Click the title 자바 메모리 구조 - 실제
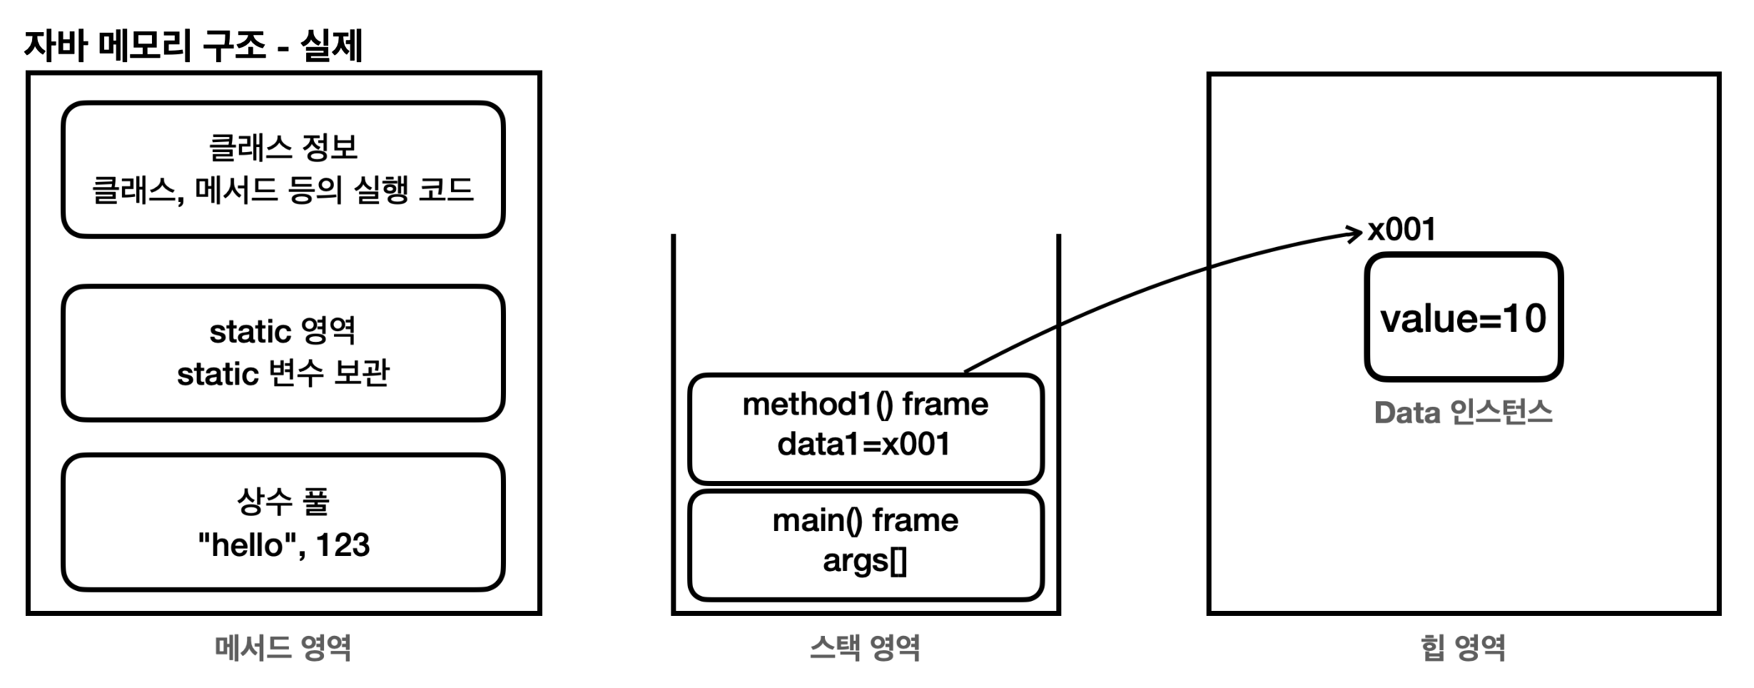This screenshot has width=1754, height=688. pyautogui.click(x=193, y=46)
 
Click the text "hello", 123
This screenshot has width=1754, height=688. pyautogui.click(x=283, y=545)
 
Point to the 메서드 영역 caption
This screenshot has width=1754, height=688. pyautogui.click(x=283, y=648)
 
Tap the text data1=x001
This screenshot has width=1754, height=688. pyautogui.click(x=864, y=445)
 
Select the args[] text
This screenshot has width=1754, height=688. pyautogui.click(x=865, y=561)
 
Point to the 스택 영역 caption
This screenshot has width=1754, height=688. pyautogui.click(x=865, y=648)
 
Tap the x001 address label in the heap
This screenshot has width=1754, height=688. pyautogui.click(x=1401, y=230)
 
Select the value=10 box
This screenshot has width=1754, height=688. pyautogui.click(x=1464, y=318)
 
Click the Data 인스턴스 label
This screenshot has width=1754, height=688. pyautogui.click(x=1464, y=413)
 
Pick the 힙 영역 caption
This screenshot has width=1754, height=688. pyautogui.click(x=1464, y=648)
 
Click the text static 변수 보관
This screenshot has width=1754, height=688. pyautogui.click(x=283, y=373)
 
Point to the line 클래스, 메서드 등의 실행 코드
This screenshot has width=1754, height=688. pyautogui.click(x=283, y=191)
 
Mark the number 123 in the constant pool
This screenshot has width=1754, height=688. pyautogui.click(x=343, y=545)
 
